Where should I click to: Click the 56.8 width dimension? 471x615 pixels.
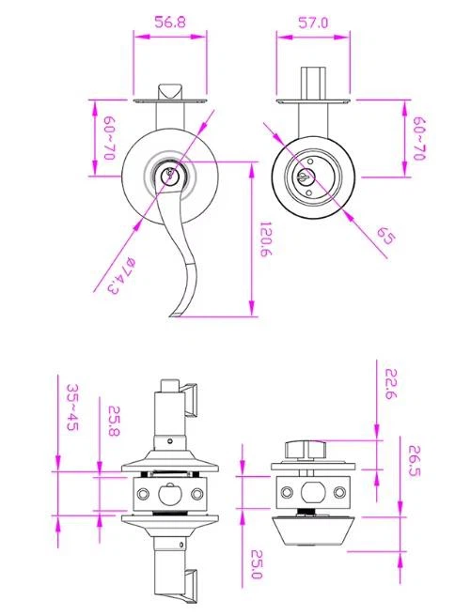[169, 23]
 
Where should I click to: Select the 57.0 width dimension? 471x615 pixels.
[311, 23]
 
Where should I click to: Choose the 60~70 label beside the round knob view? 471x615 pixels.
[419, 138]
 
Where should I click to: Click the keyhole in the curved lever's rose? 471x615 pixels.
[170, 175]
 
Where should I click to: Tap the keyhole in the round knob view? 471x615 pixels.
[307, 176]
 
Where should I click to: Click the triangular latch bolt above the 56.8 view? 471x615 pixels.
[170, 91]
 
